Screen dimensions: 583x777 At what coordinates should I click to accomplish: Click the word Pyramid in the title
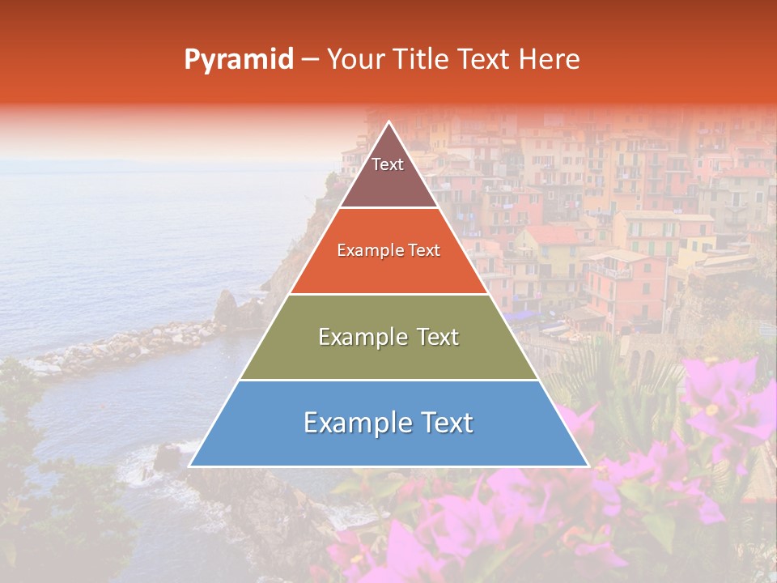[x=239, y=60]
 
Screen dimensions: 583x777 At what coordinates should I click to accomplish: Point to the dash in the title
[x=310, y=60]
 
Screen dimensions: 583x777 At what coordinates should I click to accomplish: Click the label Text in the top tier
[x=388, y=164]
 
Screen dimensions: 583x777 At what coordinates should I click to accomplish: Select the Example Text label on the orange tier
[x=388, y=250]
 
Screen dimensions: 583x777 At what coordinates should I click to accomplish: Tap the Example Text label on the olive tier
[x=388, y=337]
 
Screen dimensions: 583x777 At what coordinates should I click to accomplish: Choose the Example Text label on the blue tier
[x=388, y=423]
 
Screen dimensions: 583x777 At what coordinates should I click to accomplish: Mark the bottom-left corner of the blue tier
[x=190, y=466]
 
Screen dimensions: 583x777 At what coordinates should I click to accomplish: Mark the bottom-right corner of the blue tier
[x=588, y=466]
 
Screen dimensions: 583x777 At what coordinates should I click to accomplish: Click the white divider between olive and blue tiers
[x=388, y=380]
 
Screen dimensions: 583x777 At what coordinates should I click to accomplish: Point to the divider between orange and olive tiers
[x=388, y=294]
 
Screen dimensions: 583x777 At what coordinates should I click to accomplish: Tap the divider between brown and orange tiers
[x=388, y=208]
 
